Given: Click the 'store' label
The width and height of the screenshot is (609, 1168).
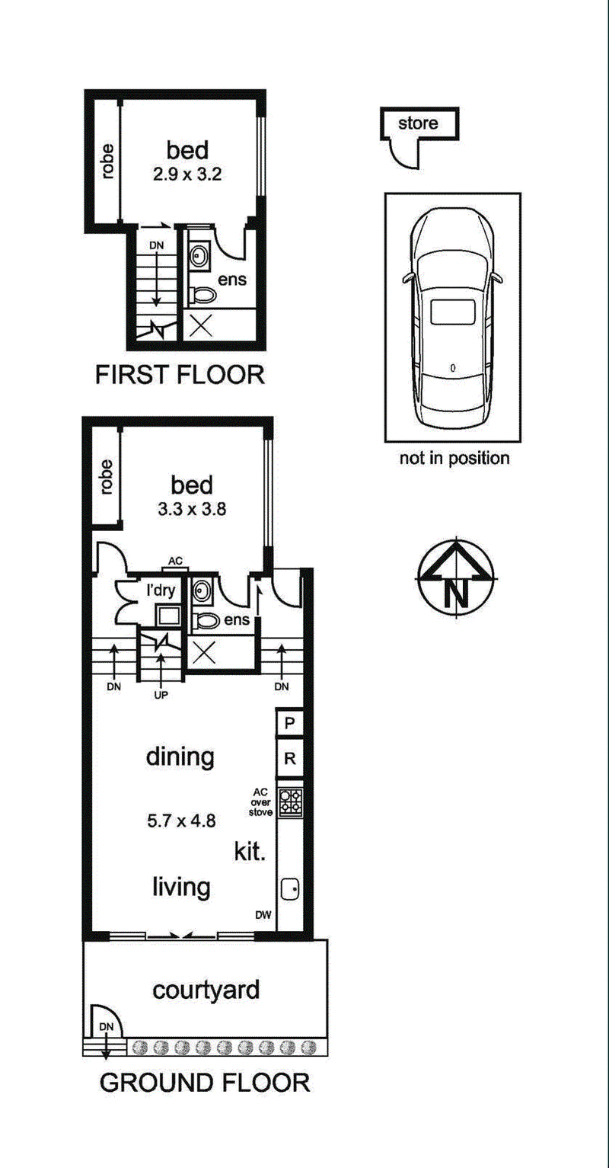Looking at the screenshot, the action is pos(418,123).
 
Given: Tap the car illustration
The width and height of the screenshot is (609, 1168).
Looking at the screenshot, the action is pos(453,317).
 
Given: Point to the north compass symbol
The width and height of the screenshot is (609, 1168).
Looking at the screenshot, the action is pos(457,578).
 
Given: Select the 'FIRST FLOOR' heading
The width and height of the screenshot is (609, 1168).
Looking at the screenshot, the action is pos(180,375).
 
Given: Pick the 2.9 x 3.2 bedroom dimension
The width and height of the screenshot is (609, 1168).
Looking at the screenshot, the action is pos(187,174).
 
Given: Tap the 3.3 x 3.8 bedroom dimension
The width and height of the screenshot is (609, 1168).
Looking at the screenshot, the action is pos(193,509).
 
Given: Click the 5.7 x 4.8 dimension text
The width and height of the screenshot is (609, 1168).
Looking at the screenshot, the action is pos(181,821).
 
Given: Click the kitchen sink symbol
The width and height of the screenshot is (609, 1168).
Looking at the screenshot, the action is pos(289,889).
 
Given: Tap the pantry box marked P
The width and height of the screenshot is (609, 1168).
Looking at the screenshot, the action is pos(289,723).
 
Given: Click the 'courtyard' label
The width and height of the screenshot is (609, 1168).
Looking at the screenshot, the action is pos(206,990).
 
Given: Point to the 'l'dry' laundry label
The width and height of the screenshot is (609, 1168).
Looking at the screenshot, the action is pos(161,590).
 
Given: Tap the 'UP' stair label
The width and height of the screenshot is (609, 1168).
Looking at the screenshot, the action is pos(161,695).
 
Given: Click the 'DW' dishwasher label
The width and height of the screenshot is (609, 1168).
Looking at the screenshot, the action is pos(263,914).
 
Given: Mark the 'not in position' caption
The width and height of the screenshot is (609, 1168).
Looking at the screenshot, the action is pos(454,459).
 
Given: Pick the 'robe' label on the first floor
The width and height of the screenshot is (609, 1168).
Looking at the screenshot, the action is pos(107,162).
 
